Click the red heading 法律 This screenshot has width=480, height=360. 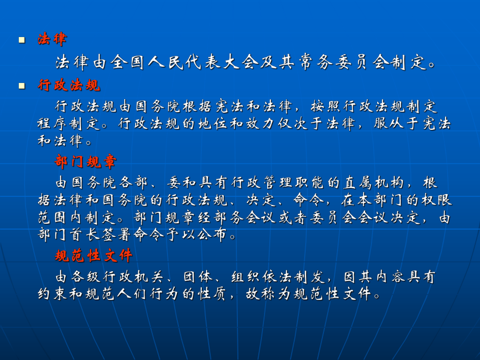(x=52, y=39)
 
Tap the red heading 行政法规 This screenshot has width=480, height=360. (x=68, y=86)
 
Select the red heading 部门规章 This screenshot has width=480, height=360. (x=85, y=162)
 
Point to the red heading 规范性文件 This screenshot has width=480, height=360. (x=94, y=256)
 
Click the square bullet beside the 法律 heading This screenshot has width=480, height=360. (x=21, y=40)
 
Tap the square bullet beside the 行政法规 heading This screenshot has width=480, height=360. (x=21, y=86)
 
